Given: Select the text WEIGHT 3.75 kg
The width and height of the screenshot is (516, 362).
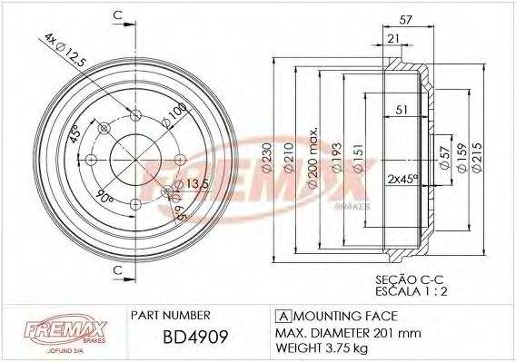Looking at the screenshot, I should click(x=322, y=347).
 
